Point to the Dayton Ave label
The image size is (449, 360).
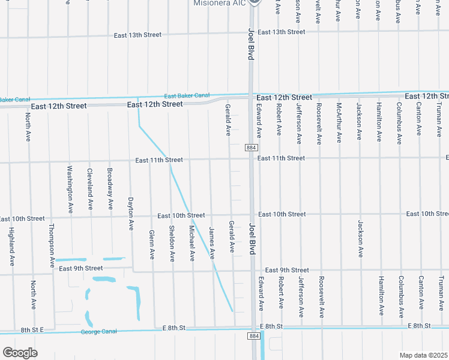pos(130,214)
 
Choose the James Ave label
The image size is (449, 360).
pos(211,242)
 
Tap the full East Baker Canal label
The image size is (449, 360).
pos(187,95)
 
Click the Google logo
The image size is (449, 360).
pos(20,353)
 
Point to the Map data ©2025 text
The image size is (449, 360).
pos(424,355)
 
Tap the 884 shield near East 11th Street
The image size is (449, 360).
pos(252,148)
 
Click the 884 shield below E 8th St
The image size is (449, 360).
pos(254,337)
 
